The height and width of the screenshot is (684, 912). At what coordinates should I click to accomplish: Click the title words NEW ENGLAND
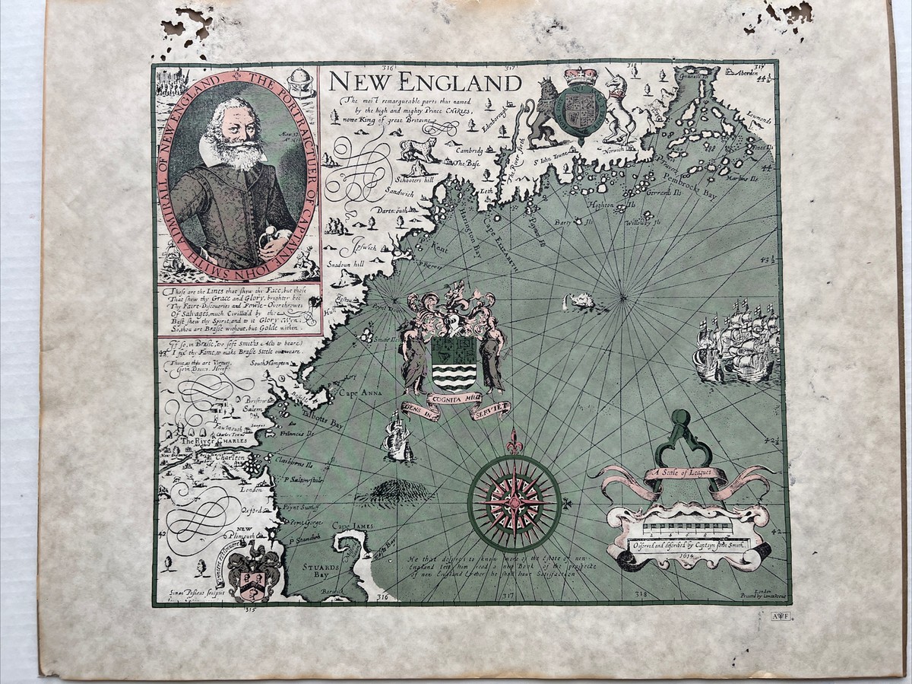425,81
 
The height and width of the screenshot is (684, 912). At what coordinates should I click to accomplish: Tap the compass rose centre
514,502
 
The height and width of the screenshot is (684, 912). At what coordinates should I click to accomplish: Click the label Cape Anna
357,393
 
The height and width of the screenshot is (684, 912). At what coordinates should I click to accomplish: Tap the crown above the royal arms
580,76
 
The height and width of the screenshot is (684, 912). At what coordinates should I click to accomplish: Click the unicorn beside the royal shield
617,107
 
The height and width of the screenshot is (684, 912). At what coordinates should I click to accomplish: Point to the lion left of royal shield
543,110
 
